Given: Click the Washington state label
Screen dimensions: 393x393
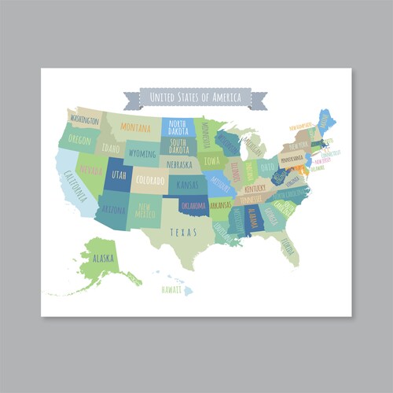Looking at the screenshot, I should point(84,120).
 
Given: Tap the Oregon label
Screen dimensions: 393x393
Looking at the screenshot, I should point(79,139).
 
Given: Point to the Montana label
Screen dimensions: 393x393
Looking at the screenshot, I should point(136,128).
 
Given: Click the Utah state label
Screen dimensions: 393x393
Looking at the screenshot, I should point(118,174).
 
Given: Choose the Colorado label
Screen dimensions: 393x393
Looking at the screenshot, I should point(150,180).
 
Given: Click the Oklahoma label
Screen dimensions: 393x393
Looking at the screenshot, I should point(194,205).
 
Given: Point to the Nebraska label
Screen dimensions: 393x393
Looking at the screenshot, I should point(179,164).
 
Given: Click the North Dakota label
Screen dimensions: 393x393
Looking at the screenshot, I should point(178,127).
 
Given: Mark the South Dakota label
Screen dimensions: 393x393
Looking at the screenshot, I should point(178,145).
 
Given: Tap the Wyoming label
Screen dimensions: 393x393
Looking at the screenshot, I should point(142,153).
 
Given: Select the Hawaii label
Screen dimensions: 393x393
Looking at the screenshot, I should point(171,289).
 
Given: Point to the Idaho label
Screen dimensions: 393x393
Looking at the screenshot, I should point(111,148).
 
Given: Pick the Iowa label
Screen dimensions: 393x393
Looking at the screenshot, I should point(212,161).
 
